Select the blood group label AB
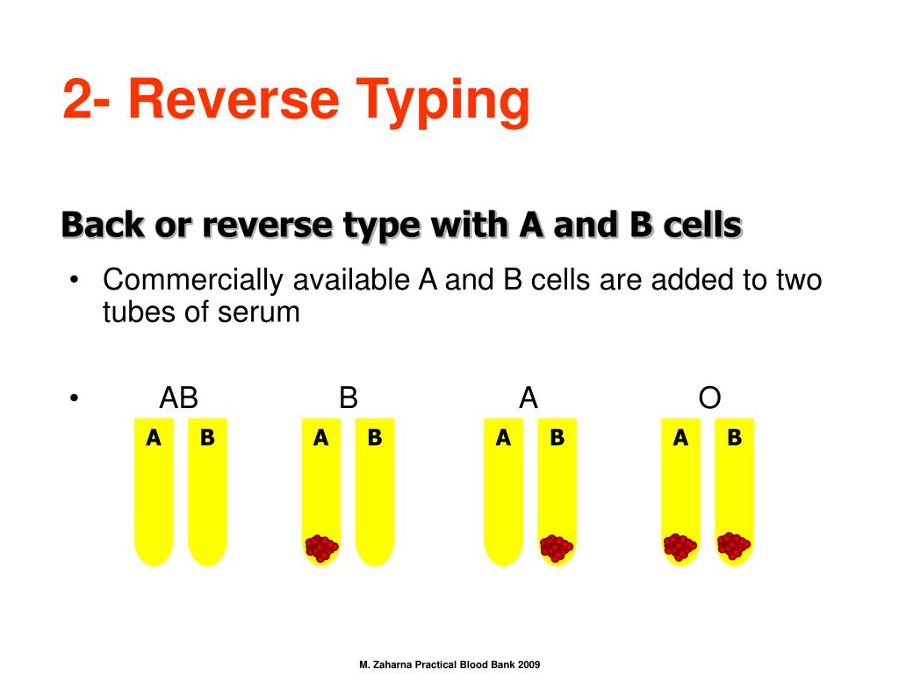click(179, 398)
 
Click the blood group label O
click(709, 398)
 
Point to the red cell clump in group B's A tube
click(321, 549)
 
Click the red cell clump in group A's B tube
click(556, 549)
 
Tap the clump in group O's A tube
click(680, 547)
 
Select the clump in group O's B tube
click(733, 546)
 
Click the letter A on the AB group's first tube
click(154, 437)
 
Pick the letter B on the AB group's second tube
click(207, 437)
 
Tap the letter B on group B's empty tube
click(375, 437)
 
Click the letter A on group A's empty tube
click(503, 437)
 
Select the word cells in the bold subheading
click(699, 226)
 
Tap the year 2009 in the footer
click(529, 665)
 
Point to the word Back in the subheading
click(104, 226)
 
